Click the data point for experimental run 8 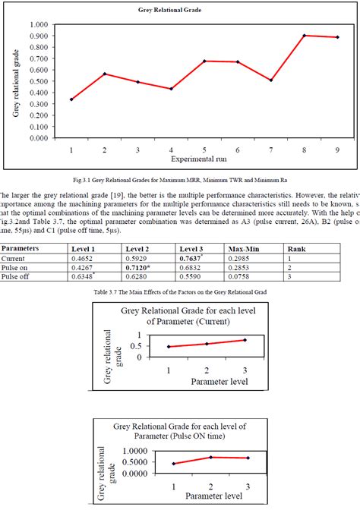[x=305, y=36]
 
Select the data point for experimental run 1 [x=71, y=99]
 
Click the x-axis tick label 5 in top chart [x=204, y=150]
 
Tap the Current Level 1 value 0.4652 [x=82, y=259]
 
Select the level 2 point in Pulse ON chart [x=210, y=457]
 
